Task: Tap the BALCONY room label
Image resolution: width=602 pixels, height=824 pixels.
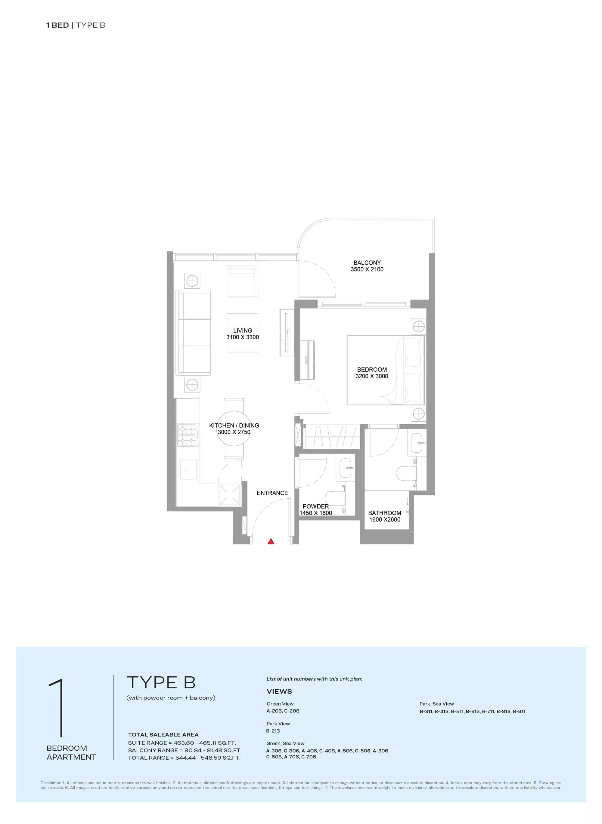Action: tap(367, 263)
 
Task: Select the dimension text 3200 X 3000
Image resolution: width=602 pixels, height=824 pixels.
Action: tap(372, 376)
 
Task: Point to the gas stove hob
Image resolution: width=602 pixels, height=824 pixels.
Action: tap(188, 435)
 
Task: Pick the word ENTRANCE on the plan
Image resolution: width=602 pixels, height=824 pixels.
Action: tap(272, 493)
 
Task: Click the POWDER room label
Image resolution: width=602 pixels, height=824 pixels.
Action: tap(315, 506)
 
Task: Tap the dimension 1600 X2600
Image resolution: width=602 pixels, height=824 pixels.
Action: tap(385, 520)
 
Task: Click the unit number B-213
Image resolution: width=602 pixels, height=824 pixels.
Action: tap(273, 731)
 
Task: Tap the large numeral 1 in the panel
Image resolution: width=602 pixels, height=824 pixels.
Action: tap(58, 708)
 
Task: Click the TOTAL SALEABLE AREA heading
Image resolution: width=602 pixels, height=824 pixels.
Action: tap(163, 735)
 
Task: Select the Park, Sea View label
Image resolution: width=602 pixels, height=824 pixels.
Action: tap(436, 704)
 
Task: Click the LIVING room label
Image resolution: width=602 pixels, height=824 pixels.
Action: tap(243, 331)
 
